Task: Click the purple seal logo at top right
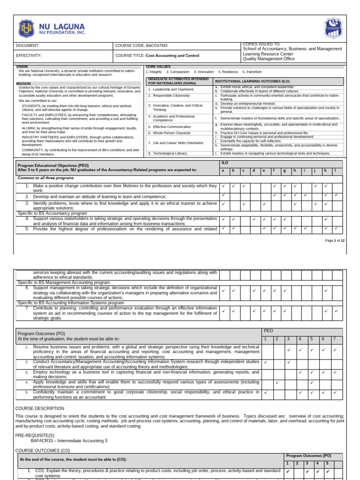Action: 333,28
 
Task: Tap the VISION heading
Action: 22,67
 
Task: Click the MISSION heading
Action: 23,83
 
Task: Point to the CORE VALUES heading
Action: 157,67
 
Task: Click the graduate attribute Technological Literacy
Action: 167,153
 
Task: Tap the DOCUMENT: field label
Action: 28,46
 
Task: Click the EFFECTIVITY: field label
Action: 29,55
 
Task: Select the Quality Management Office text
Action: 269,59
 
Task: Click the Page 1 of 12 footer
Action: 335,240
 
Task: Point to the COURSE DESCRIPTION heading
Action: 40,408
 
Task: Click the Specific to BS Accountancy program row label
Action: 52,213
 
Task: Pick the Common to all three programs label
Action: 45,178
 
